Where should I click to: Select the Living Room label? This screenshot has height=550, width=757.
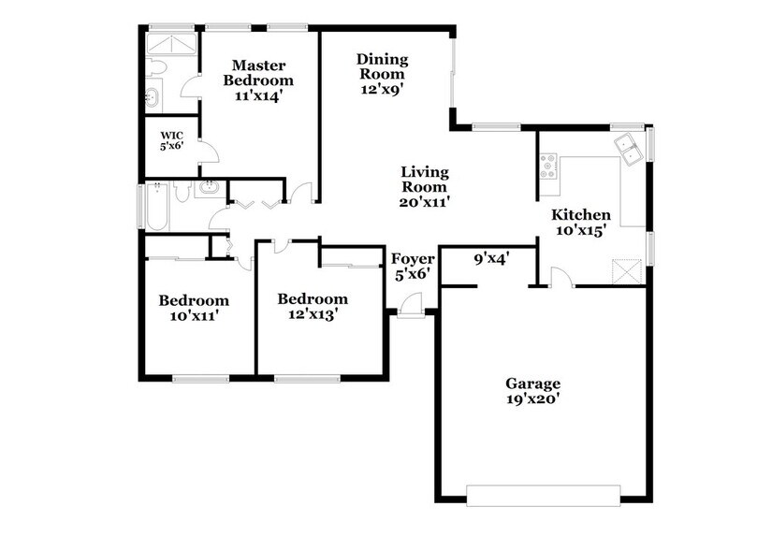(x=424, y=186)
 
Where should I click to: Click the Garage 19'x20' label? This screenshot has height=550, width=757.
(x=532, y=391)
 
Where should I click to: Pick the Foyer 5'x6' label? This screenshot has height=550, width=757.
(x=410, y=265)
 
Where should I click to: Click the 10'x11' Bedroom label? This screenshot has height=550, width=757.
(x=193, y=308)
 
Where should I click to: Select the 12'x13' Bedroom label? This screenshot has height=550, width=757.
(x=313, y=307)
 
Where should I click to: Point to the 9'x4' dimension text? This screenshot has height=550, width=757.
(x=490, y=258)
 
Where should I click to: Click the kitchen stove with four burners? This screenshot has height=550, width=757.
(x=549, y=166)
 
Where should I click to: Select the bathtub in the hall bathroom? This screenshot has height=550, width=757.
(x=155, y=206)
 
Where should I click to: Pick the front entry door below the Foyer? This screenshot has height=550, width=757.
(x=410, y=306)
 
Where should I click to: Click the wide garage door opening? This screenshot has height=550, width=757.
(x=543, y=494)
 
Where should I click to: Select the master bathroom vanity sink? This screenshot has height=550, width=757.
(x=153, y=96)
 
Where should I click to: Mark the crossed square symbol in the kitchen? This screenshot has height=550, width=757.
(x=626, y=274)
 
